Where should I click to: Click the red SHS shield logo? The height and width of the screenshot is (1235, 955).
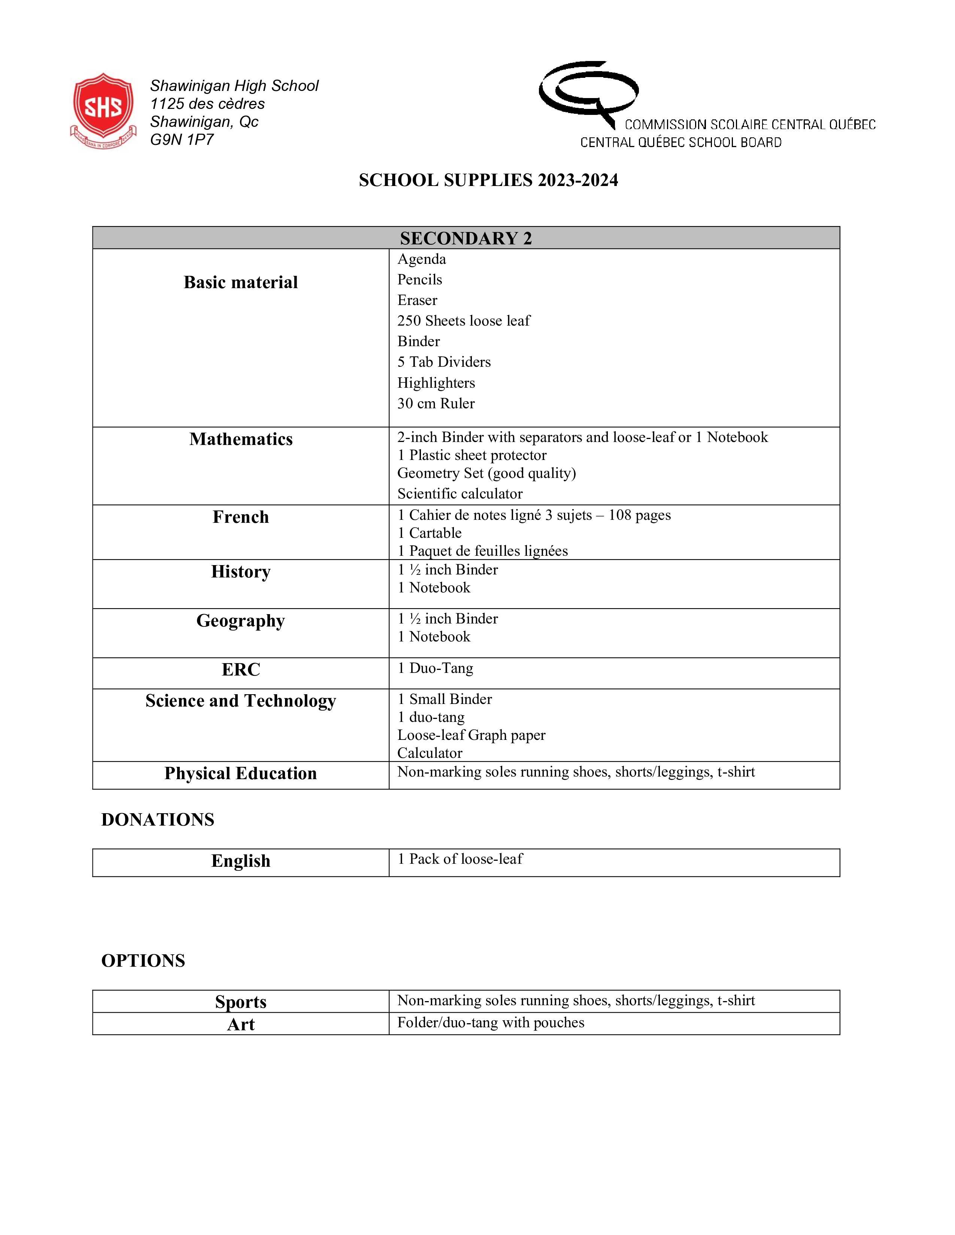point(103,109)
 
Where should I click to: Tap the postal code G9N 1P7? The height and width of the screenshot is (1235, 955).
point(182,140)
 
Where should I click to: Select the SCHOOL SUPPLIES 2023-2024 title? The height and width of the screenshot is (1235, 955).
point(488,180)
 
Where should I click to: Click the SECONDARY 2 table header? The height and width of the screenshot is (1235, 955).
point(466,238)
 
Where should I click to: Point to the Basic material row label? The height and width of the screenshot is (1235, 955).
point(240,282)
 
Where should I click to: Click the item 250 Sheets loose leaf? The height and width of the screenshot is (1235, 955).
point(463,321)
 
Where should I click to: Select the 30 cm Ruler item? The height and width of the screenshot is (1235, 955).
point(436,403)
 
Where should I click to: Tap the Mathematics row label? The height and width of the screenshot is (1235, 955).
point(240,439)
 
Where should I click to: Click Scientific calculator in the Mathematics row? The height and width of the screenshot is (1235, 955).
point(460,494)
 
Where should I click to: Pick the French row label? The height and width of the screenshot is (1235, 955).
point(240,517)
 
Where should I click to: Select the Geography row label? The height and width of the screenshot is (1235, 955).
point(240,620)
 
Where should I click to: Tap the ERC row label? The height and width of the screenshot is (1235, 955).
point(240,670)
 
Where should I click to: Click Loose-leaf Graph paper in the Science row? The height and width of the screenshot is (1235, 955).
point(471,735)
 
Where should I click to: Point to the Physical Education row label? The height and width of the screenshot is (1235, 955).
point(240,773)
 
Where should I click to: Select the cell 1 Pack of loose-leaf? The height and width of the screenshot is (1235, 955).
point(460,859)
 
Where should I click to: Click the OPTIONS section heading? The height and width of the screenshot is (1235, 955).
point(143,961)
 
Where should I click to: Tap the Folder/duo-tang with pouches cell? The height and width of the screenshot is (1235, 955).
point(491,1022)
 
